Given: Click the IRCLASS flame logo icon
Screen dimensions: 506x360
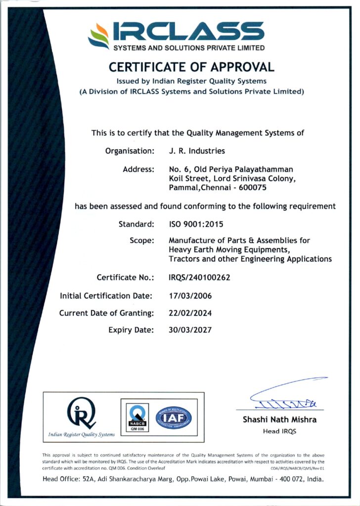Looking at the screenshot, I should tap(98, 36).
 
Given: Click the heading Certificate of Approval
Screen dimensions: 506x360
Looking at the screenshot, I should tap(191, 67).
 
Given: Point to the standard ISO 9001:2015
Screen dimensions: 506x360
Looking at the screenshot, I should tap(196, 224).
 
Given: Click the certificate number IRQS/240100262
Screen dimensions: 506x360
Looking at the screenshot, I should tap(199, 278).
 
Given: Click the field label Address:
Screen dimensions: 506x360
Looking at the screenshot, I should tap(138, 169).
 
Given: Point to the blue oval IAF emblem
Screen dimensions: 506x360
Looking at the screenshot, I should tap(174, 418).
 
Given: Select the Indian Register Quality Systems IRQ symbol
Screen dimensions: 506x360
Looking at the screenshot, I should tap(82, 413).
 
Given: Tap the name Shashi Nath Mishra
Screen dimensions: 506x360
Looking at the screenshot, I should tap(279, 420).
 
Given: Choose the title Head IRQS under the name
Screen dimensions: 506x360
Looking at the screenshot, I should tap(279, 431).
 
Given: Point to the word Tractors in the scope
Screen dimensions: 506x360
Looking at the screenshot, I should tap(184, 259).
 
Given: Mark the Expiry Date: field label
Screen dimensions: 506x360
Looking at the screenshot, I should tap(131, 330).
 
